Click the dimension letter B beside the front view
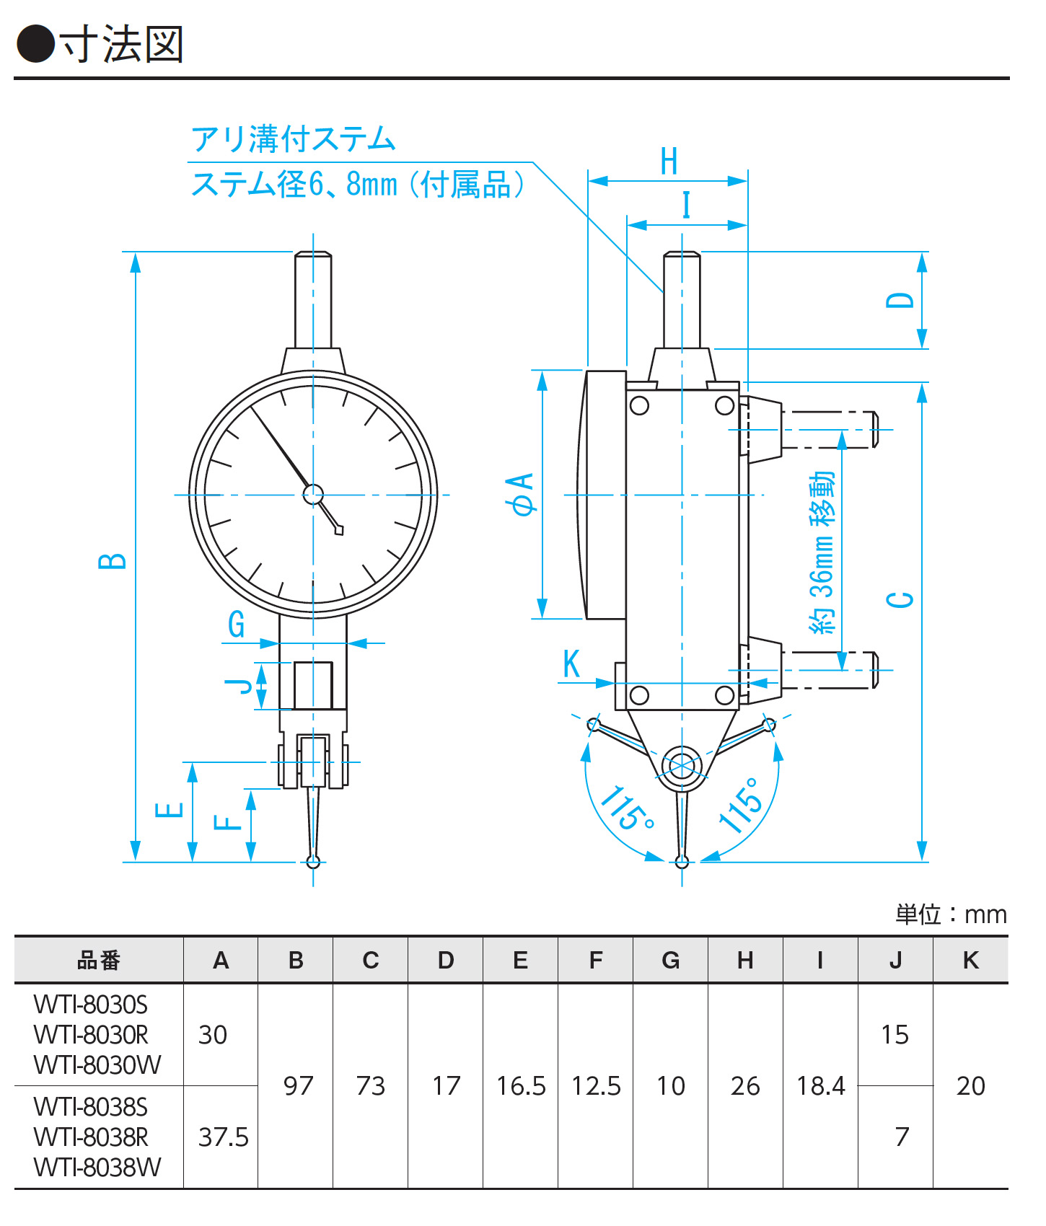coord(113,560)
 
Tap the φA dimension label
coord(522,494)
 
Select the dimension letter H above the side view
coord(669,162)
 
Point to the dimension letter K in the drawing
coord(571,664)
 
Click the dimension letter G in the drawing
coord(237,624)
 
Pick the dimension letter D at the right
coord(900,300)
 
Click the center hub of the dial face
coord(313,494)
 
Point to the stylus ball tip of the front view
coord(313,861)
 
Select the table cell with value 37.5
coord(223,1137)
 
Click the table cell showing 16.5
coord(521,1086)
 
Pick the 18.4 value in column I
coord(820,1086)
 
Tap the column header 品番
coord(99,961)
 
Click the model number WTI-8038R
coord(91,1137)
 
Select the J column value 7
coord(902,1137)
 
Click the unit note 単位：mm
coord(951,914)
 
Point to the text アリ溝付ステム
coord(294,139)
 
